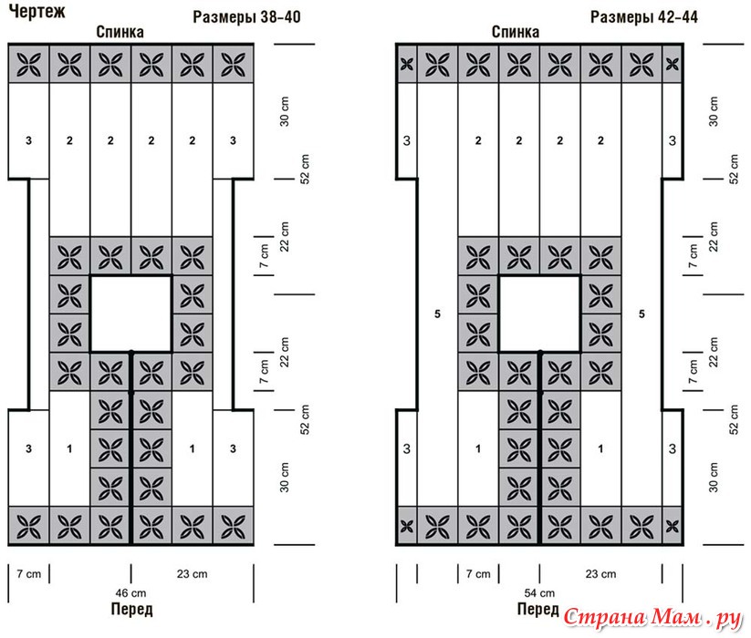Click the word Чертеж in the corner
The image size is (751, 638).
tap(37, 11)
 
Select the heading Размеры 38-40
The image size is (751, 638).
tap(246, 17)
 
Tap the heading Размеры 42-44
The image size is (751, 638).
tap(643, 17)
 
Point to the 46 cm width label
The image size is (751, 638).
tap(130, 593)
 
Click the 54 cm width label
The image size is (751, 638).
tap(539, 593)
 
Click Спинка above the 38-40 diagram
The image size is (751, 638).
tap(120, 32)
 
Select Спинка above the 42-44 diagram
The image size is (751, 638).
tap(516, 32)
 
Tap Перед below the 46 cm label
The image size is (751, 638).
tap(131, 610)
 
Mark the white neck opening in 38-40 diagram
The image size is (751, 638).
tap(130, 314)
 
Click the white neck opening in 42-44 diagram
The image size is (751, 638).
tap(540, 314)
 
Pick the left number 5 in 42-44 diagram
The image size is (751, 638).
tap(437, 314)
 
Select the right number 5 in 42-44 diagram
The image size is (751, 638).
tap(641, 314)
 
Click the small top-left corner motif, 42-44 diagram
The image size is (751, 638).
tap(407, 64)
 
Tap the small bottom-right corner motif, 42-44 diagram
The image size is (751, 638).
tap(673, 527)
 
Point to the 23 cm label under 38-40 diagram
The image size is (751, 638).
tap(192, 574)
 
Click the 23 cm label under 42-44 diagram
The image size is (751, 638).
tap(600, 574)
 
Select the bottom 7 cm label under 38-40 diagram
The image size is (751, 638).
tap(28, 574)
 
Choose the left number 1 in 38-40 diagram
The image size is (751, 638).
tap(69, 448)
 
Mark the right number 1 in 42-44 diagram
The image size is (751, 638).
tap(600, 448)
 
